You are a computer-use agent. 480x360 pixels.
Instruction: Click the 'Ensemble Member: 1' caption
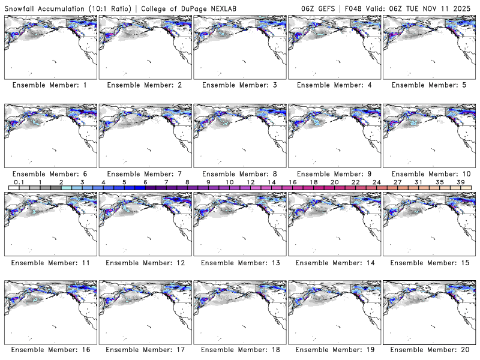coord(50,85)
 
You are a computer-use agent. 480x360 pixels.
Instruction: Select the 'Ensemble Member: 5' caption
coord(429,85)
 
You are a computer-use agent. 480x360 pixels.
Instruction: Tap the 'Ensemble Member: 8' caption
coord(239,174)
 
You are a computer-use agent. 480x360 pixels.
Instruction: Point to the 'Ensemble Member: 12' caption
coord(145,263)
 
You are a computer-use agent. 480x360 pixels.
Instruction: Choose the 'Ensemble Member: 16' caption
coord(50,349)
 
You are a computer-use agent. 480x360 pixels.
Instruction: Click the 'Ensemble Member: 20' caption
coord(429,349)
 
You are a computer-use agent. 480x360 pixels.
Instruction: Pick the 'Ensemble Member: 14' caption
coord(334,263)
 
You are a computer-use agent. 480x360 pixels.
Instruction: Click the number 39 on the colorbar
coord(460,182)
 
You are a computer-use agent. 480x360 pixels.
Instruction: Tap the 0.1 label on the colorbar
coord(19,182)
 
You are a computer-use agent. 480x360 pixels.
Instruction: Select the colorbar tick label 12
coord(250,182)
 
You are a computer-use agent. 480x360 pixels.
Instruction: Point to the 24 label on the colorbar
coord(376,182)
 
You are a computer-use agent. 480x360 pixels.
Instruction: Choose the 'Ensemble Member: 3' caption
coord(239,85)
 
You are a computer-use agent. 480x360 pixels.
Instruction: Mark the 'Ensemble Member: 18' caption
coord(239,349)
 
